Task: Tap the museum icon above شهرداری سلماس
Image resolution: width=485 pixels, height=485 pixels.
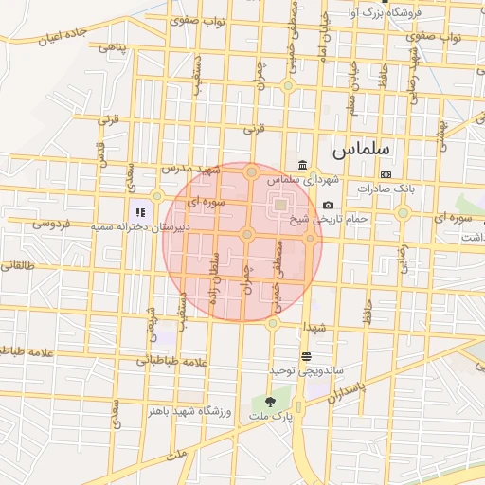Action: pos(302,164)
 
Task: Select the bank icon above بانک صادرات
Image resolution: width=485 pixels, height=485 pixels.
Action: pos(386,174)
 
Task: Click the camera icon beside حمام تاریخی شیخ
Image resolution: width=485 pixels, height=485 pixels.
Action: pos(328,206)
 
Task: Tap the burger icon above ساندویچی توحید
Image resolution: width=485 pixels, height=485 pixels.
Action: pos(306,356)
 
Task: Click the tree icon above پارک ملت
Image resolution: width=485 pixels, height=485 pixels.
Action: pos(272,402)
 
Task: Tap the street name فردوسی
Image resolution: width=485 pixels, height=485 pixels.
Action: pos(52,225)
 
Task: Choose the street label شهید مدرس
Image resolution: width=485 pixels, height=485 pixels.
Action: pos(189,169)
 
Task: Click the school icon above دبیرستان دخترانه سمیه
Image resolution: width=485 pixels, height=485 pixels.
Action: pos(139,213)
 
